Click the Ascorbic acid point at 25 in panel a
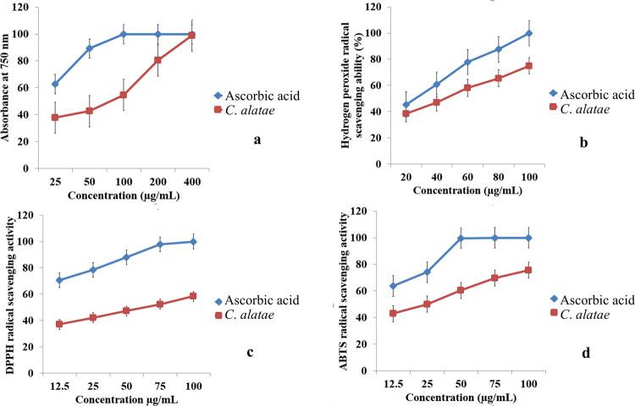tap(56, 85)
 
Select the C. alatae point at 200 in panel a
tap(157, 60)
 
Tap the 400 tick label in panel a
tap(191, 182)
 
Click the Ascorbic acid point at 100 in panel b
tap(529, 33)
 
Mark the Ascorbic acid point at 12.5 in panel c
tap(58, 280)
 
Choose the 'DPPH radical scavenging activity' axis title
tap(11, 293)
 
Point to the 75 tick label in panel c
tap(159, 387)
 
